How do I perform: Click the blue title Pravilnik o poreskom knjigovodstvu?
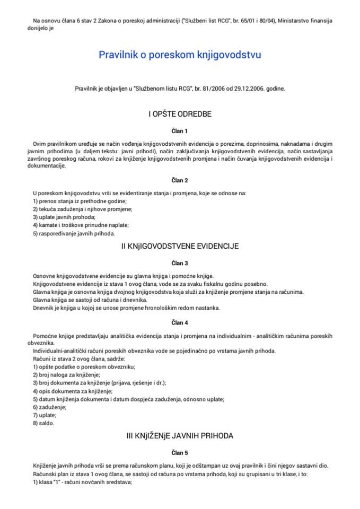click(180, 54)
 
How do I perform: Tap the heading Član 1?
click(180, 130)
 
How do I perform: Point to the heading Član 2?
click(180, 180)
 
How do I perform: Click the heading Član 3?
click(180, 262)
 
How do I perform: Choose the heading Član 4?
click(180, 322)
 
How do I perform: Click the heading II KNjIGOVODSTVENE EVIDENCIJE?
click(180, 246)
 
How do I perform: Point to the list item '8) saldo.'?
click(43, 423)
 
